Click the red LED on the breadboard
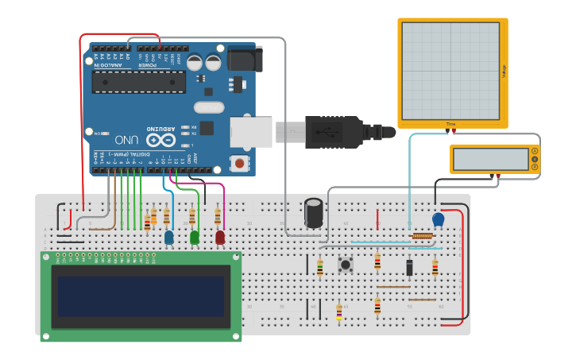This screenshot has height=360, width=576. [220, 236]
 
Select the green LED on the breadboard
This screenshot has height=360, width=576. [195, 236]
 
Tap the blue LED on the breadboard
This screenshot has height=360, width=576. [169, 236]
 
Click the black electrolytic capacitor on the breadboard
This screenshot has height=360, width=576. [314, 212]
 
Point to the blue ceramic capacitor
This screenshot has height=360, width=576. [438, 219]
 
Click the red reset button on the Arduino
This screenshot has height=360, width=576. [238, 163]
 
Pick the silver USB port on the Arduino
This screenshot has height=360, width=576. [251, 131]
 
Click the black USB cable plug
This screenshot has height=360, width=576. [334, 131]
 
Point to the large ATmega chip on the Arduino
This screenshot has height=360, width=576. [138, 81]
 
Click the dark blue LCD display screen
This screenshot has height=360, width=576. [141, 296]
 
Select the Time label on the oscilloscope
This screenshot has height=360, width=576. [451, 124]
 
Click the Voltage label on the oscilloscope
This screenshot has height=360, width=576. [503, 71]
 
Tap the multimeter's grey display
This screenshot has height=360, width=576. [490, 159]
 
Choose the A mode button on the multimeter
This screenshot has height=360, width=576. [535, 151]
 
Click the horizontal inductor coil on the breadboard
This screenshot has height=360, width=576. [422, 236]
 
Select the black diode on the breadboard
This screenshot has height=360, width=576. [409, 268]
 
